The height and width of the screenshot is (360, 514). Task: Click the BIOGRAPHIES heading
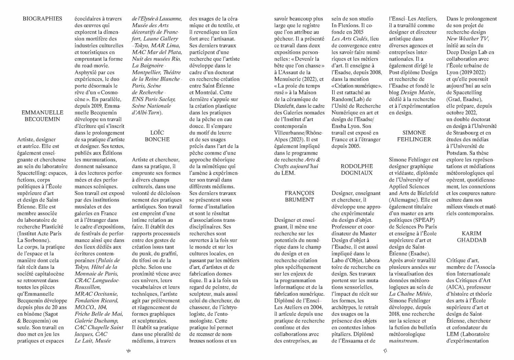coord(42,19)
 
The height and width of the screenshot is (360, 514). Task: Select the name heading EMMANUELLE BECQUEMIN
coord(42,116)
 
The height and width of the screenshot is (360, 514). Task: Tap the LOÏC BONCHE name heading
coord(157,136)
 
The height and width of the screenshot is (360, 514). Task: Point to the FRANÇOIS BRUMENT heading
coord(299,196)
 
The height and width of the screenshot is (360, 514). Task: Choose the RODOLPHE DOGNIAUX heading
coord(356,170)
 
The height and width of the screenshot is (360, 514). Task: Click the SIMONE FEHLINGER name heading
coord(414,136)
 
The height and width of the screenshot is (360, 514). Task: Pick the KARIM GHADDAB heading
coord(472,237)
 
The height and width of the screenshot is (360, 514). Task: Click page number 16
coord(129,351)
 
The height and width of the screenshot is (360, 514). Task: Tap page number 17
coord(385,351)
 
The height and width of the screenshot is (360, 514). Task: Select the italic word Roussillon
coord(87,287)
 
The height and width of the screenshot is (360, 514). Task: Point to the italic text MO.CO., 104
coord(90,307)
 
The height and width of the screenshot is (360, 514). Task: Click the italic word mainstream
coord(403,341)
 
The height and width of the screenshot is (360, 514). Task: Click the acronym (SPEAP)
coord(422,220)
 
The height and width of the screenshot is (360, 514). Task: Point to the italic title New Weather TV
coord(467,39)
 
